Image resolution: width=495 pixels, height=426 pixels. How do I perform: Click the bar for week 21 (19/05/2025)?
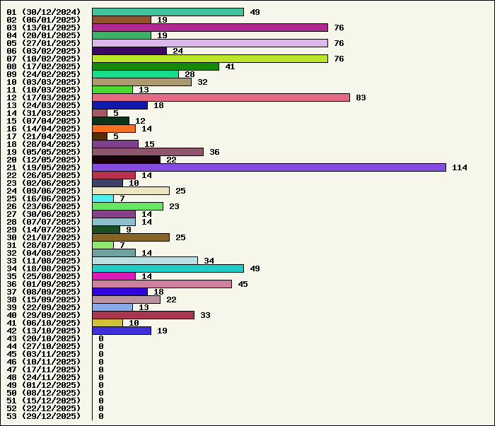[x=269, y=167]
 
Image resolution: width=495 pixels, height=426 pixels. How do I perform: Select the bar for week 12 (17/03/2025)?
[x=221, y=97]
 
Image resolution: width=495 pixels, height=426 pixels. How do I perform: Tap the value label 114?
[x=460, y=167]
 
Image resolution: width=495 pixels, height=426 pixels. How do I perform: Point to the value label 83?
[x=361, y=97]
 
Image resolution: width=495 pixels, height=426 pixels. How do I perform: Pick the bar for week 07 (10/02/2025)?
[x=210, y=59]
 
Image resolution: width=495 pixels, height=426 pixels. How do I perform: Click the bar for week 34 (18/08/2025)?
[x=168, y=268]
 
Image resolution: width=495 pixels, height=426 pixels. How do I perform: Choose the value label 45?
[x=243, y=284]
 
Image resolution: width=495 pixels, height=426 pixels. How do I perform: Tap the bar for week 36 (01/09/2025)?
[x=162, y=284]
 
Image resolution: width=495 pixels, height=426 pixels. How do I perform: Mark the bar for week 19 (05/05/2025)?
[x=148, y=152]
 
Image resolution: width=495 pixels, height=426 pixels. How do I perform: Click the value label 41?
[x=230, y=66]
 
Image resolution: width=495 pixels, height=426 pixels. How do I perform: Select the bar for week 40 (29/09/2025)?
[x=143, y=315]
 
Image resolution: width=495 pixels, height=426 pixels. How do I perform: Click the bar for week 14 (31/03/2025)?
[x=100, y=113]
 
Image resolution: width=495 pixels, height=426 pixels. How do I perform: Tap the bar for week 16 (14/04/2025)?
[x=114, y=129]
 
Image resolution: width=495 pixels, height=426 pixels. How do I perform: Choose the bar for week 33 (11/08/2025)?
[x=145, y=261]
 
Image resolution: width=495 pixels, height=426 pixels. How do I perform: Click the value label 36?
[x=214, y=152]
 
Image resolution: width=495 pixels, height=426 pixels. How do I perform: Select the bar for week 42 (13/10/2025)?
[x=122, y=331]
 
